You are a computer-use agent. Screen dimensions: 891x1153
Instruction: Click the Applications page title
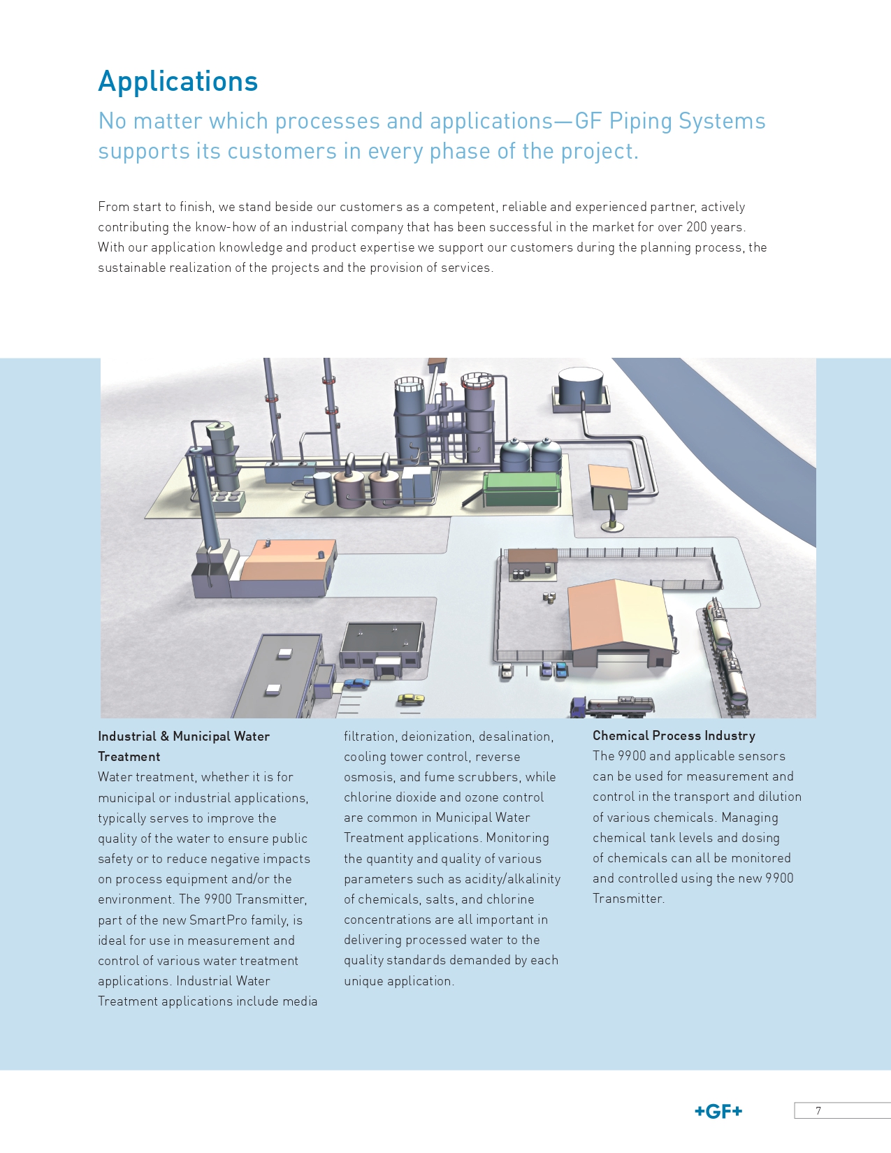click(x=178, y=81)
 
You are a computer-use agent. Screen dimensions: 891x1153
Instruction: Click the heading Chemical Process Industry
click(x=674, y=735)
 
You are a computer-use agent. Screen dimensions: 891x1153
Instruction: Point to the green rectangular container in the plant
click(x=522, y=488)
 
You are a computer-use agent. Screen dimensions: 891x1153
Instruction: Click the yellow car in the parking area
click(x=411, y=699)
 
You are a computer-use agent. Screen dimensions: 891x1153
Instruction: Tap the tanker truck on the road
click(x=612, y=706)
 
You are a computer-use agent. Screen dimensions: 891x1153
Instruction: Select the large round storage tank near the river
click(x=581, y=389)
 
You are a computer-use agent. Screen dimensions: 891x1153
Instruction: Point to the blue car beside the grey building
click(x=356, y=683)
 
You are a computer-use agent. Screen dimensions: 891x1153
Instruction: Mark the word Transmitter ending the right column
click(x=628, y=899)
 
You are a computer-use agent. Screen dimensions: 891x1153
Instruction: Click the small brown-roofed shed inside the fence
click(x=533, y=564)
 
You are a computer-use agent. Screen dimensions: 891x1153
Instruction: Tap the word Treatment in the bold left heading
click(x=129, y=757)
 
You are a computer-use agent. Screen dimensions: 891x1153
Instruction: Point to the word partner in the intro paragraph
click(x=674, y=207)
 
